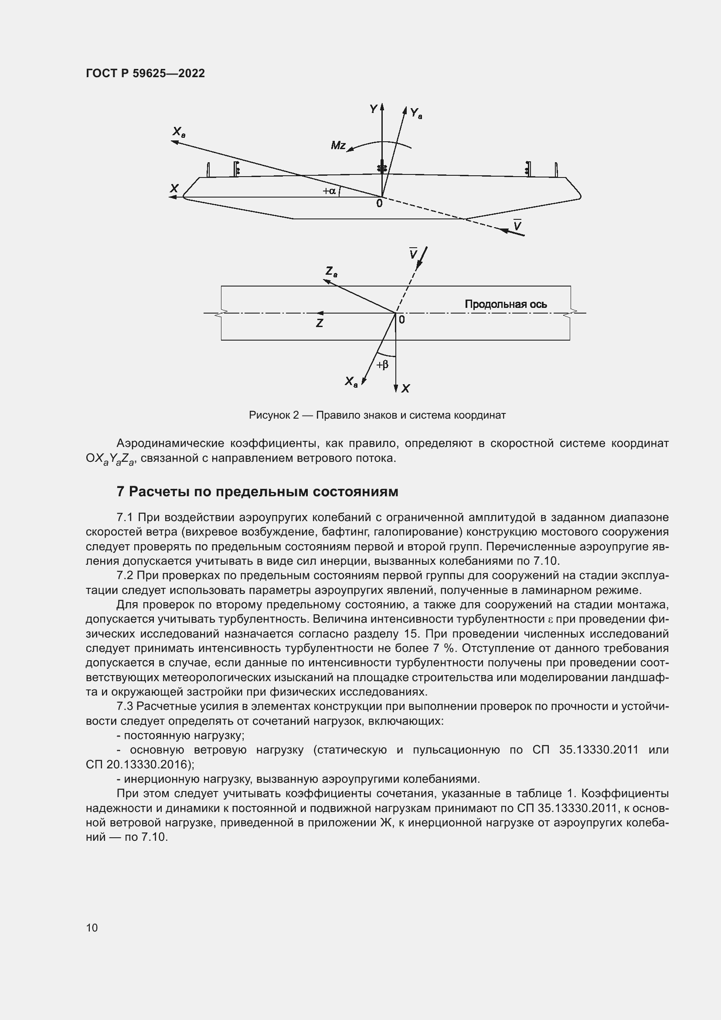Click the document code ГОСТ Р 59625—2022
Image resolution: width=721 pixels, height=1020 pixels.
pos(145,73)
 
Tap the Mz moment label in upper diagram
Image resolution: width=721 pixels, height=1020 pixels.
pos(338,146)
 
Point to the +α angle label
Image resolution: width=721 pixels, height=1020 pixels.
pos(329,191)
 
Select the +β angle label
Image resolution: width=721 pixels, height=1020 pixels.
pos(382,365)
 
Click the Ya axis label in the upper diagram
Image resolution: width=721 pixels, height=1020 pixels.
pos(415,113)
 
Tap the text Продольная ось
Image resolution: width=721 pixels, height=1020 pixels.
pos(505,304)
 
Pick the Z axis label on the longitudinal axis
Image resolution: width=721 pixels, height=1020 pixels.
pos(319,324)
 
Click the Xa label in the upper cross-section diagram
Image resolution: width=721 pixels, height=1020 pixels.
pos(178,132)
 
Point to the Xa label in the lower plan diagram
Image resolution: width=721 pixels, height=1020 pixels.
pos(351,382)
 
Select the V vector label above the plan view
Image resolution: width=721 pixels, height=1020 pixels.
pos(413,254)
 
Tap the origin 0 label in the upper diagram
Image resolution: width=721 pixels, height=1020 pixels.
pos(379,204)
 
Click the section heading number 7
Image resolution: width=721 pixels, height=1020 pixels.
pos(120,492)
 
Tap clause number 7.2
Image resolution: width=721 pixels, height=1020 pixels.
pos(125,576)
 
